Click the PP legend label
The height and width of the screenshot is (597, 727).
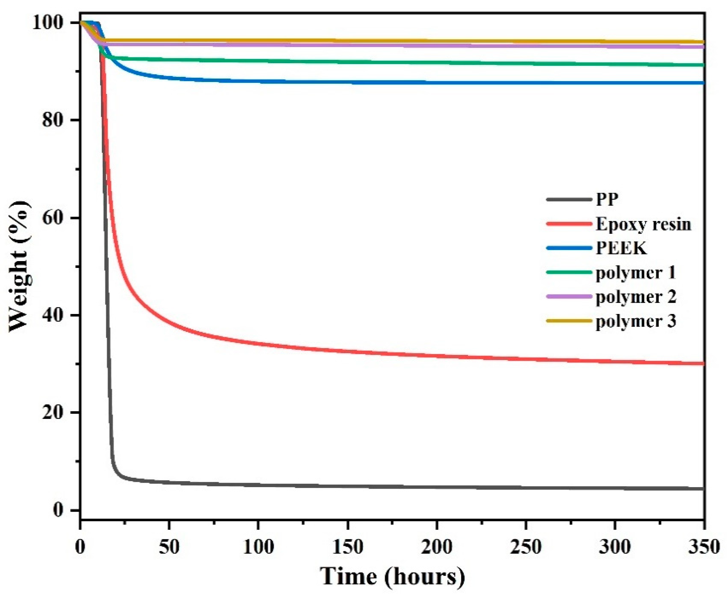click(607, 199)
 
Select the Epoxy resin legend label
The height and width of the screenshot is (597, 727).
click(643, 224)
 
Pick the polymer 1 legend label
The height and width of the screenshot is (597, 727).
click(636, 273)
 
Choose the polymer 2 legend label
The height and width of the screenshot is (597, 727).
click(636, 297)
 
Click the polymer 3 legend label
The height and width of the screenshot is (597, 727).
click(636, 321)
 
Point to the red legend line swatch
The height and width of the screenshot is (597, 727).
click(569, 224)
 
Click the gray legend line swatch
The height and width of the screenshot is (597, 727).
click(569, 199)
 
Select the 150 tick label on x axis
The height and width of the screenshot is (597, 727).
click(348, 547)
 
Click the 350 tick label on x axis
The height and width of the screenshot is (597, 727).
click(703, 547)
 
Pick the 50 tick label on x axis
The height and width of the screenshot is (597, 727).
click(169, 547)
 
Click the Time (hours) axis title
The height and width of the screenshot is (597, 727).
click(392, 576)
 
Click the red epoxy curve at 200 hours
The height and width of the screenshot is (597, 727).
click(437, 356)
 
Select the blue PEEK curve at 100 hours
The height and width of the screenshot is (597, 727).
click(259, 81)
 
